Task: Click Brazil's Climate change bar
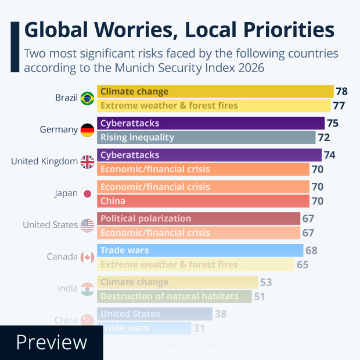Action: pyautogui.click(x=215, y=92)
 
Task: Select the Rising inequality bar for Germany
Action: pyautogui.click(x=207, y=138)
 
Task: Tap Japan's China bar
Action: pyautogui.click(x=203, y=201)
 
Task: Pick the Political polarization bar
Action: pyautogui.click(x=199, y=218)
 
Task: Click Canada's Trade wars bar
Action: pyautogui.click(x=200, y=250)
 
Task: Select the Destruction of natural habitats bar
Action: pyautogui.click(x=174, y=296)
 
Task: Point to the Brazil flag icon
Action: pyautogui.click(x=88, y=98)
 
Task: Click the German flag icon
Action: pyautogui.click(x=88, y=130)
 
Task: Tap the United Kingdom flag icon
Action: pyautogui.click(x=88, y=162)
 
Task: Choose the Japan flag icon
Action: pyautogui.click(x=88, y=194)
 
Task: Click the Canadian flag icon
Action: pyautogui.click(x=88, y=257)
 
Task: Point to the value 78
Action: pyautogui.click(x=341, y=92)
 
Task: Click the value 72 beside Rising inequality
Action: pyautogui.click(x=323, y=138)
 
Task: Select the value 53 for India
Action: pyautogui.click(x=266, y=282)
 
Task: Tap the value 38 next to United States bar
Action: pyautogui.click(x=221, y=314)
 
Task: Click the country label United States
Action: pyautogui.click(x=50, y=225)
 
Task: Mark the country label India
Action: pyautogui.click(x=67, y=289)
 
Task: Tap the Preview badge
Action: pyautogui.click(x=51, y=343)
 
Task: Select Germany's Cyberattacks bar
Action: pyautogui.click(x=211, y=123)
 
